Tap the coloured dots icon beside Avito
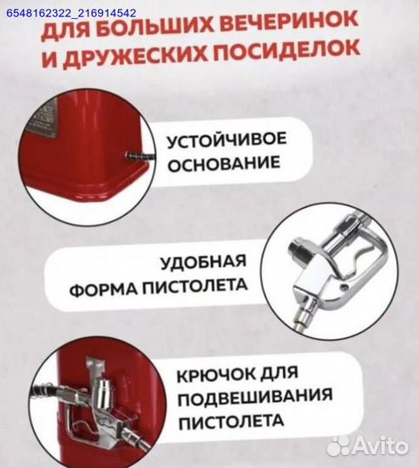(339, 445)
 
